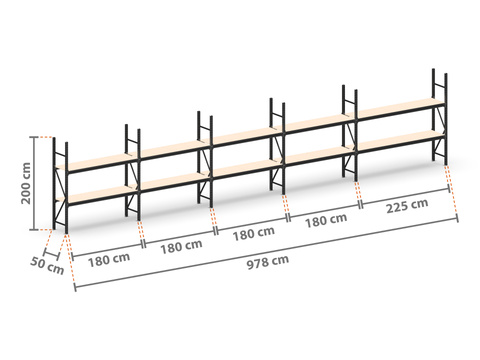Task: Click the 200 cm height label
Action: [x=26, y=183]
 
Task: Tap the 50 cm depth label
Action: [x=47, y=266]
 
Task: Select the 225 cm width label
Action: [x=407, y=206]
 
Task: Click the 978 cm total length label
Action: [x=268, y=262]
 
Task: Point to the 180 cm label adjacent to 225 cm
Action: [x=326, y=220]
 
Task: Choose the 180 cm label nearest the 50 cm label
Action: [x=109, y=260]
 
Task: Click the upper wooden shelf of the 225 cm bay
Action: [x=400, y=108]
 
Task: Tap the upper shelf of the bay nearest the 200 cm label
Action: [x=97, y=162]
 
